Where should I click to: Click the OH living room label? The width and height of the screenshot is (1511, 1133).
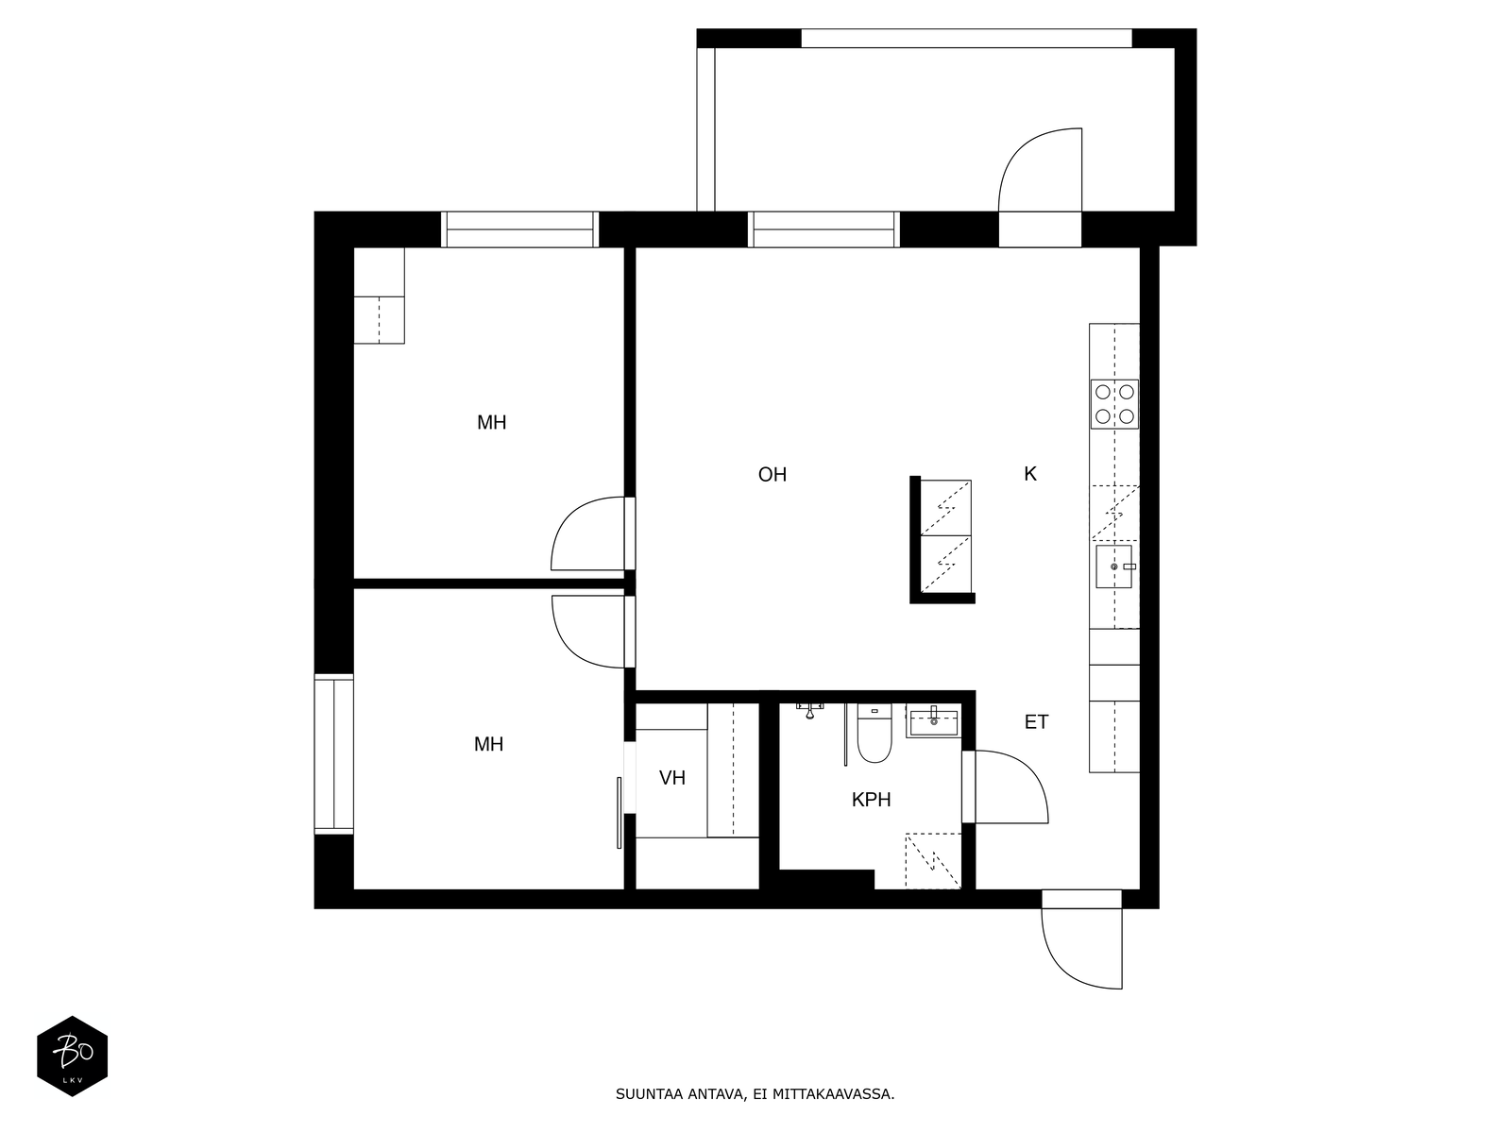pyautogui.click(x=772, y=475)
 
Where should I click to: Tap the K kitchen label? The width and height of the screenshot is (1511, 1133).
pyautogui.click(x=1029, y=474)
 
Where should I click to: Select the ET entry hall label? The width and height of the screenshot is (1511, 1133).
pyautogui.click(x=1036, y=722)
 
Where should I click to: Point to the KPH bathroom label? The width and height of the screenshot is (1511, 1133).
pyautogui.click(x=871, y=800)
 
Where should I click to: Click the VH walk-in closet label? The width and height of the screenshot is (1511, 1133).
pyautogui.click(x=671, y=778)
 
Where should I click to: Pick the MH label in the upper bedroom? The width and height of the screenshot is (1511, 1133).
pyautogui.click(x=491, y=423)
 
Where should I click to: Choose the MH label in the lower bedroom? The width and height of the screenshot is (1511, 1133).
pyautogui.click(x=489, y=744)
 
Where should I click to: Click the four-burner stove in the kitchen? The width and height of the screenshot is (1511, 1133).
pyautogui.click(x=1113, y=404)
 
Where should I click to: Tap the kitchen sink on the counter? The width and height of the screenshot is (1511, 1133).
pyautogui.click(x=1113, y=566)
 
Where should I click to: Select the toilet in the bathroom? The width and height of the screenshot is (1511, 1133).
pyautogui.click(x=874, y=734)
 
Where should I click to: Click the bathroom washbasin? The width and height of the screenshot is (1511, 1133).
pyautogui.click(x=933, y=721)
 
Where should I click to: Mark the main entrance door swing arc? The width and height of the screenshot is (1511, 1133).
pyautogui.click(x=1063, y=969)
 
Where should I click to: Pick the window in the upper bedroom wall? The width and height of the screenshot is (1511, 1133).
pyautogui.click(x=519, y=229)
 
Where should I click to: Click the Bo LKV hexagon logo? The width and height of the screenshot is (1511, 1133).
pyautogui.click(x=73, y=1056)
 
